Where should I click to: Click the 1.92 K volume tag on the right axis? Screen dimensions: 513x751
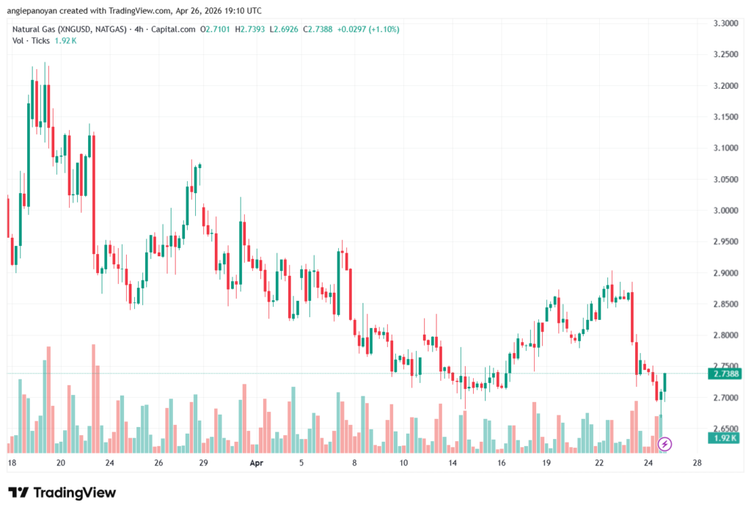(724, 438)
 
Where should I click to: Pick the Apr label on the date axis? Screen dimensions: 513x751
(256, 464)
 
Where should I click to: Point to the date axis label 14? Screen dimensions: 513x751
(453, 464)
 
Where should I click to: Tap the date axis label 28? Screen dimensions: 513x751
(697, 464)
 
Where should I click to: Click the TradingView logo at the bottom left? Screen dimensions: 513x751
(62, 492)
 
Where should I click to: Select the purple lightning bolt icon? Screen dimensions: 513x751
(665, 443)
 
